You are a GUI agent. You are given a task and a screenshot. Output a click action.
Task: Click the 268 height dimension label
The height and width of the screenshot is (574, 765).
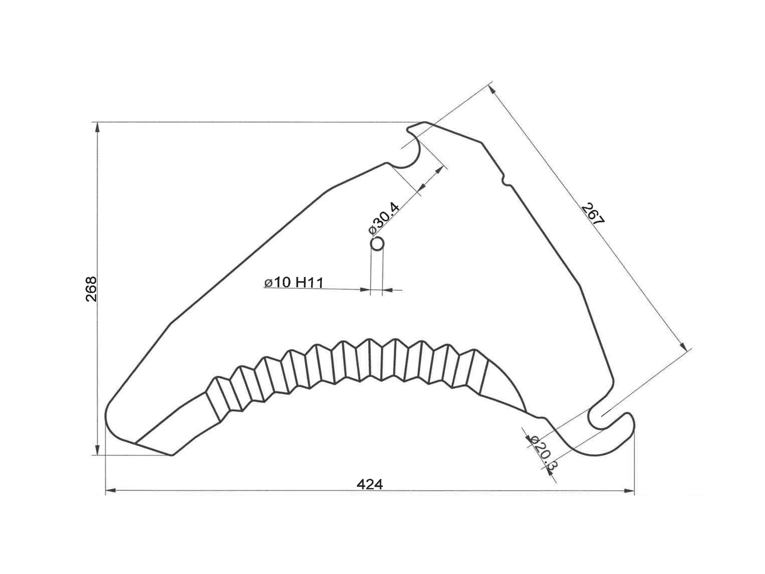tap(91, 289)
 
